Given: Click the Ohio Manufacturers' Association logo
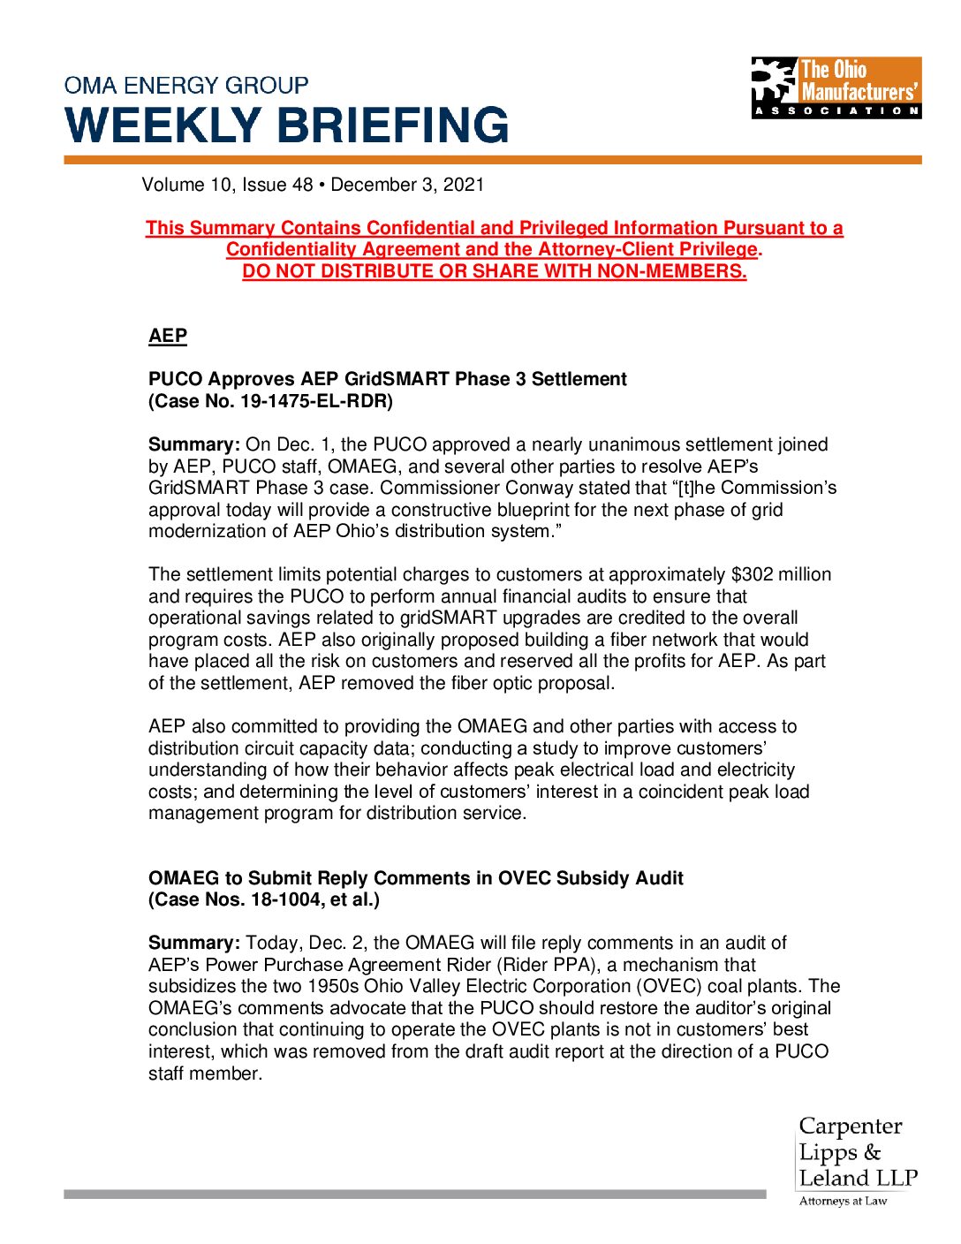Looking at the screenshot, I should pyautogui.click(x=836, y=87).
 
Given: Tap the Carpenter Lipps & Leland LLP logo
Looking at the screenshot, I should pyautogui.click(x=857, y=1153).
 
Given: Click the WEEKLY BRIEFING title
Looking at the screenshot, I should pyautogui.click(x=287, y=125).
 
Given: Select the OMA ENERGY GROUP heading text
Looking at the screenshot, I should pyautogui.click(x=186, y=86).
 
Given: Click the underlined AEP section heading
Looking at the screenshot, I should pyautogui.click(x=168, y=336).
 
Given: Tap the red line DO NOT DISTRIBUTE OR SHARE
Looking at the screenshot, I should pyautogui.click(x=495, y=271).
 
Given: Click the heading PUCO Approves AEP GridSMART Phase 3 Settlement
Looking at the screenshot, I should pyautogui.click(x=388, y=379).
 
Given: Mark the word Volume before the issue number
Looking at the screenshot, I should pyautogui.click(x=173, y=185).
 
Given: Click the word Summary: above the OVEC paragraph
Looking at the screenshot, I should pyautogui.click(x=193, y=944).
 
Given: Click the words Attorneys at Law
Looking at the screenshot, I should pyautogui.click(x=843, y=1202).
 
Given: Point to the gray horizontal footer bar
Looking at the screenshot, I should pyautogui.click(x=415, y=1194).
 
